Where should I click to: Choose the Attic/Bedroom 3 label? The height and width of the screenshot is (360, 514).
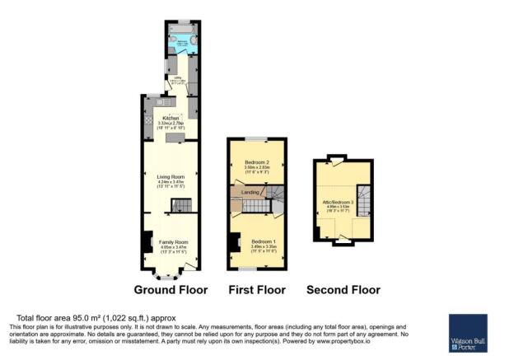(x=341, y=202)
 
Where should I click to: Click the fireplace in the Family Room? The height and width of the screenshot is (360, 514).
(x=147, y=241)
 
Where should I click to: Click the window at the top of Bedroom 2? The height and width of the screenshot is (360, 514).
(x=257, y=138)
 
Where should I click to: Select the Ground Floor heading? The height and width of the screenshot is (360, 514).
(x=171, y=290)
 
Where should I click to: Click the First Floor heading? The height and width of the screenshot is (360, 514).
(x=257, y=290)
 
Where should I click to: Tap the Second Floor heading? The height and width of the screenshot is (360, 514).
(x=343, y=290)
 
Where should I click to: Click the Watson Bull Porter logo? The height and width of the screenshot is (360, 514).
(x=468, y=333)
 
